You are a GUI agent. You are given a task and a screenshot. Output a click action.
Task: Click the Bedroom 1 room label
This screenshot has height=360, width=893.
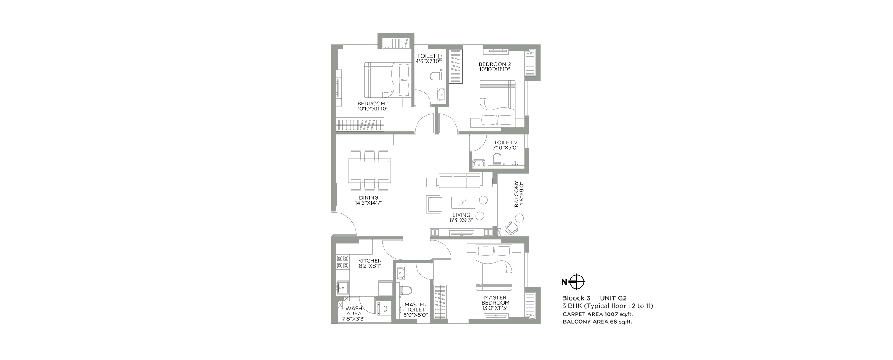tap(373, 106)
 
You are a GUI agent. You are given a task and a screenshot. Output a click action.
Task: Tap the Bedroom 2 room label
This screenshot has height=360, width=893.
tap(495, 67)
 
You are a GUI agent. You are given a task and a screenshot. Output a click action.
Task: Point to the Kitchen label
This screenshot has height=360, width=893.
tap(370, 263)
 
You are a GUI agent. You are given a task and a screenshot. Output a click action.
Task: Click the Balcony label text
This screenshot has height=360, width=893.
tap(519, 194)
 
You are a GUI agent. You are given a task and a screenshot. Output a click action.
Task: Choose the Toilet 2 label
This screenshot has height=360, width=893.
tap(505, 145)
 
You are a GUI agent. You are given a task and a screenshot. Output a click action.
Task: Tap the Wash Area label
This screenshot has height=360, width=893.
tap(354, 314)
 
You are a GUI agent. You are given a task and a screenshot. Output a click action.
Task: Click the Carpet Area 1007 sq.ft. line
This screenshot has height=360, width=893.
tap(597, 314)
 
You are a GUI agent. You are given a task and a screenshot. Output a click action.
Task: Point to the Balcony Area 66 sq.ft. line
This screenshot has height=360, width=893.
tap(597, 322)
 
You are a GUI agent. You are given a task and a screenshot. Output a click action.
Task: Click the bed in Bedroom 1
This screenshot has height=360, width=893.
tap(388, 80)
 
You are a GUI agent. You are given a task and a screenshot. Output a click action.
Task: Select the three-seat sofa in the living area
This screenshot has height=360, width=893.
tap(459, 180)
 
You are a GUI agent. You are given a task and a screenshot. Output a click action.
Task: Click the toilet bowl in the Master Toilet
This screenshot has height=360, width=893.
tap(405, 290)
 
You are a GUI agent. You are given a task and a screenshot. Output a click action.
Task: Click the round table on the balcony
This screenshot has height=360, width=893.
tap(519, 218)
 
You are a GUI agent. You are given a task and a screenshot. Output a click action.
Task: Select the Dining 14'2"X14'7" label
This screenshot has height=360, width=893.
tap(369, 200)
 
